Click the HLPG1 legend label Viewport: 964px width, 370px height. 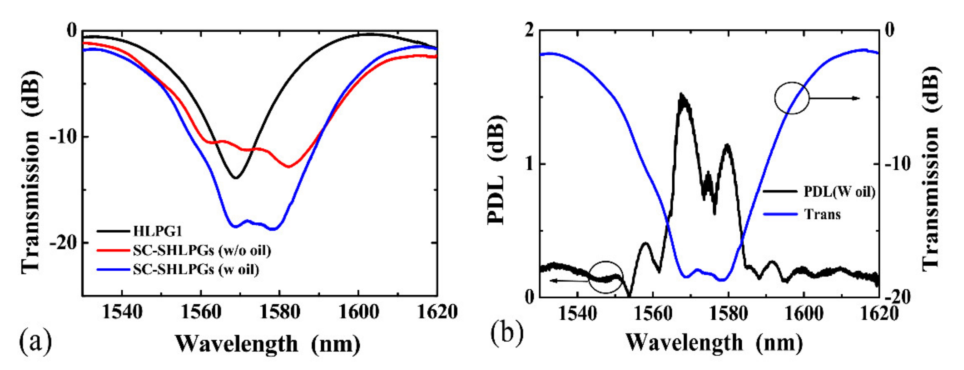point(157,231)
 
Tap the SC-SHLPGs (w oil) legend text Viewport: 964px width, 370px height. point(196,269)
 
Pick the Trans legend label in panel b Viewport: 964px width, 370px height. point(822,215)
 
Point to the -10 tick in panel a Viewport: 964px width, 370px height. point(63,137)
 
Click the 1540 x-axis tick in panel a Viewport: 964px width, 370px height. point(122,312)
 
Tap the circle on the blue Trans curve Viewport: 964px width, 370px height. point(791,98)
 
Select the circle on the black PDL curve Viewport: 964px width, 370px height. point(606,277)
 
